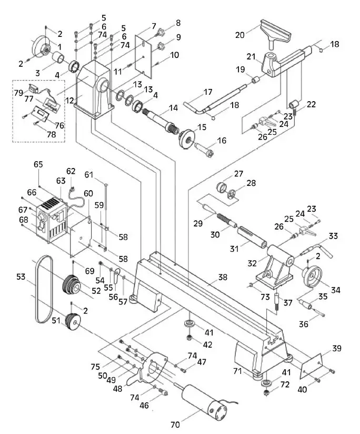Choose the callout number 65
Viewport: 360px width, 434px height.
click(x=38, y=165)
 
